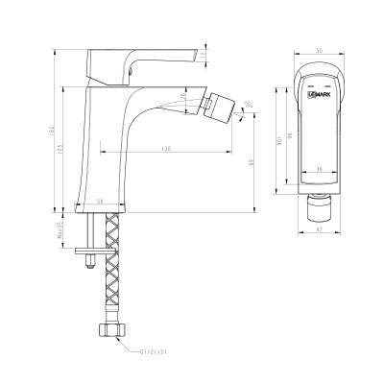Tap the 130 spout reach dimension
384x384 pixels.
167,150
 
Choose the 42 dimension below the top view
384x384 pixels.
319,229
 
